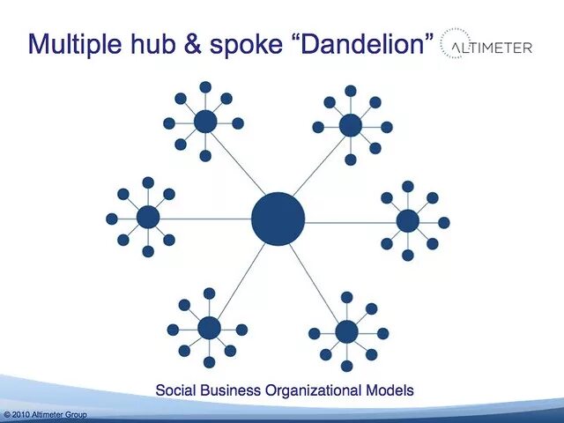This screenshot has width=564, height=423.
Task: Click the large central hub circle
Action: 278,218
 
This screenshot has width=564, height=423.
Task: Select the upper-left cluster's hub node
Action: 205,122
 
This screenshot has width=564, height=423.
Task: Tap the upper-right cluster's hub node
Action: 351,125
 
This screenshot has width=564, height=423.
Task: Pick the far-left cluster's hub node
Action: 148,218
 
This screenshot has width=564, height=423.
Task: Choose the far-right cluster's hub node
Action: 408,221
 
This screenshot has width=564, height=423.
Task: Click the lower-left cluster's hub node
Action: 209,328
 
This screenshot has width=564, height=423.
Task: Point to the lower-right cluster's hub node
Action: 347,331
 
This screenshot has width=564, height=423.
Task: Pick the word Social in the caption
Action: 174,389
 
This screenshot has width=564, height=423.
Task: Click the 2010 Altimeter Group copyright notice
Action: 45,414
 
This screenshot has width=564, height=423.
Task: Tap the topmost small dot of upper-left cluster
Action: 205,87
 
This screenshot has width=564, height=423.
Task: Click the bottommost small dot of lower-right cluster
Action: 347,366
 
